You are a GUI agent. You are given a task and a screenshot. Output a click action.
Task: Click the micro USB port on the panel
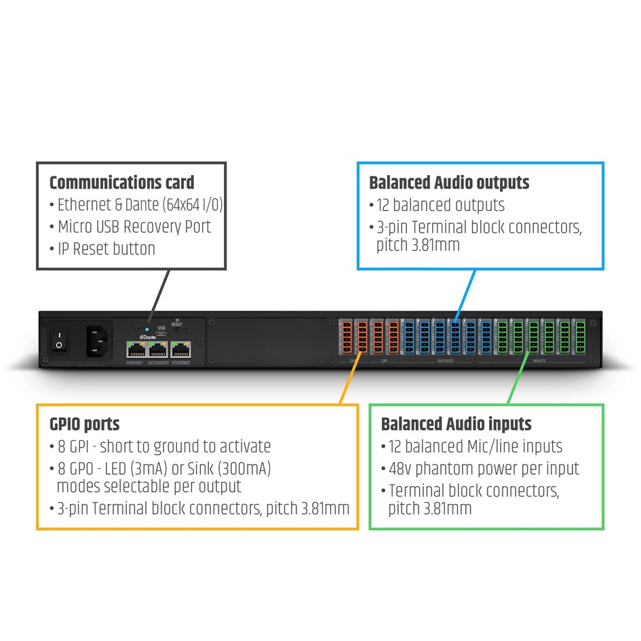click(161, 333)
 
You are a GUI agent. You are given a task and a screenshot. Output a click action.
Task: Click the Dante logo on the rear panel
click(147, 337)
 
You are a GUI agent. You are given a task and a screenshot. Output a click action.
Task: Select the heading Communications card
click(121, 182)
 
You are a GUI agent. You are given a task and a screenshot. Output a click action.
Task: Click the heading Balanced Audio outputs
click(449, 182)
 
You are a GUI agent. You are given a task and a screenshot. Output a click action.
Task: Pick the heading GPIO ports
click(84, 425)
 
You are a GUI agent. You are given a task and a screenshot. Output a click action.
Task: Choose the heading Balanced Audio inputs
click(456, 425)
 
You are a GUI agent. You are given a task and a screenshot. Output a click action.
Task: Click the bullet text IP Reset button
click(106, 248)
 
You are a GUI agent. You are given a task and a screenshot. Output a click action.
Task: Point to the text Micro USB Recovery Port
click(134, 227)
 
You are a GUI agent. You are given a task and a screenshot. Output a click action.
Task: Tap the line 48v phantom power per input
click(483, 468)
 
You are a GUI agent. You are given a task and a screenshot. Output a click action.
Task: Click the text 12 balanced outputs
click(440, 204)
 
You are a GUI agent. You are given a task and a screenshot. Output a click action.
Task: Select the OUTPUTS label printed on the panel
click(445, 361)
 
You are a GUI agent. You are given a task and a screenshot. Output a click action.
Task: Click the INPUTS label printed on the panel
click(539, 361)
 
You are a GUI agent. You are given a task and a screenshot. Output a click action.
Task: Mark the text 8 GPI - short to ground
click(163, 446)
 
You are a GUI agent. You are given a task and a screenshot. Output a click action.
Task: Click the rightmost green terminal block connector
click(581, 336)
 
